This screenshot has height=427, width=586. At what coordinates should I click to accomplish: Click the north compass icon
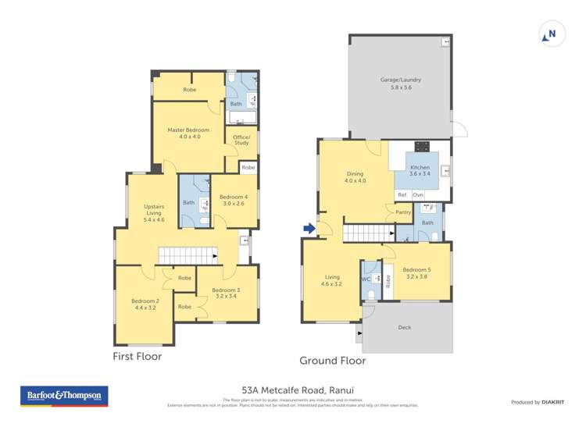[x=552, y=34]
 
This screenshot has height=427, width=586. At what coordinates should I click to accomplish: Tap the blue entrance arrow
[x=309, y=229]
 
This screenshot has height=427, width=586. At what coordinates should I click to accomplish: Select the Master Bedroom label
[x=189, y=133]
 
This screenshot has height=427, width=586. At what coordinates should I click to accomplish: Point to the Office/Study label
[x=241, y=141]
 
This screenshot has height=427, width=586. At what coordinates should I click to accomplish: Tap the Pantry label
[x=403, y=212]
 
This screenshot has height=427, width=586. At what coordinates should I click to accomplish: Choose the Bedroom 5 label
[x=418, y=273]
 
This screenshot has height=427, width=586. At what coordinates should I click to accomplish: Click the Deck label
[x=405, y=327]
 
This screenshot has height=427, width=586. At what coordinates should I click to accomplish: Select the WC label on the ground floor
[x=366, y=279]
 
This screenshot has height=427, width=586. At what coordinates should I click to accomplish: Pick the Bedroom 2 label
[x=145, y=304]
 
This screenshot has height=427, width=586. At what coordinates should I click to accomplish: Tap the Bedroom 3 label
[x=225, y=294]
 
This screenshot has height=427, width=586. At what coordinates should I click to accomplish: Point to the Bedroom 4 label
[x=233, y=200]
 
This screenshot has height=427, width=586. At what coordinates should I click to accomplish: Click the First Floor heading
[x=138, y=356]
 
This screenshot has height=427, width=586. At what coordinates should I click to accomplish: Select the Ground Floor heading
[x=333, y=361]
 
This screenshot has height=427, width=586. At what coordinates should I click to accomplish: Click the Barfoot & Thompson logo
[x=65, y=397]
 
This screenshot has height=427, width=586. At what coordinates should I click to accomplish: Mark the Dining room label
[x=356, y=177]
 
